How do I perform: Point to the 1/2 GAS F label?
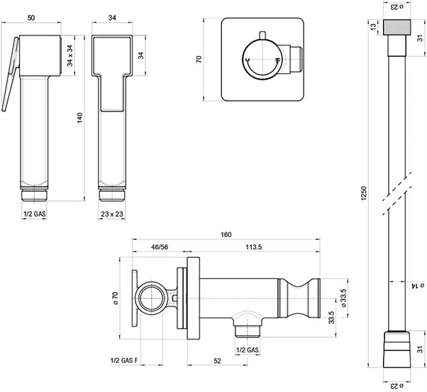[126, 361]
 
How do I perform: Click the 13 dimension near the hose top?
[373, 26]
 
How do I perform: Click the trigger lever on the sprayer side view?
[11, 78]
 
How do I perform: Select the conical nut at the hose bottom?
[395, 347]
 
